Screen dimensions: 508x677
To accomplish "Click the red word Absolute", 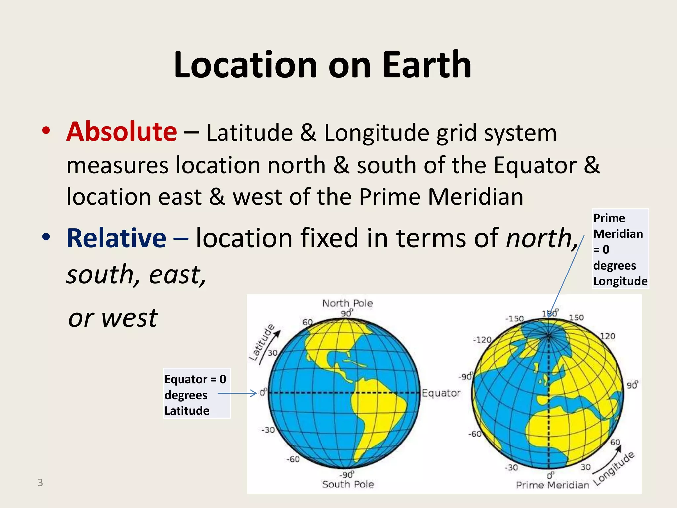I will tap(122, 132).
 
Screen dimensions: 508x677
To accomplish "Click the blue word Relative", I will tap(116, 238).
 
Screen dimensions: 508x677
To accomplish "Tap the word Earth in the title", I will tap(426, 65).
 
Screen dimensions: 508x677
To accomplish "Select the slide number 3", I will tap(40, 482).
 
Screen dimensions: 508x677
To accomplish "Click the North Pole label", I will tap(347, 303).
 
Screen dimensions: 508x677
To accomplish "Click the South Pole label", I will tap(348, 484).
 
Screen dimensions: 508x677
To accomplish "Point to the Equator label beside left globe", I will tap(441, 393).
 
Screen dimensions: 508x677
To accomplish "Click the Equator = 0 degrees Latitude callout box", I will tap(196, 393).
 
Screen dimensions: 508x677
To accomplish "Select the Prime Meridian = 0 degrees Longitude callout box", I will tap(620, 249).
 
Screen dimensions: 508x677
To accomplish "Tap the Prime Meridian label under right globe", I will tap(552, 485).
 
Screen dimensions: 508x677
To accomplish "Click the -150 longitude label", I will tap(514, 318).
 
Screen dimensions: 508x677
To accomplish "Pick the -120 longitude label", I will tap(482, 340).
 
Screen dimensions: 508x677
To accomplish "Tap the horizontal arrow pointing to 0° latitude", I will tap(237, 393).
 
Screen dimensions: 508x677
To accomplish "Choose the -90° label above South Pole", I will tap(347, 475).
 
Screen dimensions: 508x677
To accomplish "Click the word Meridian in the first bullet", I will tap(475, 197).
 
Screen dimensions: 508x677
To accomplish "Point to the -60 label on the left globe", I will tap(293, 459).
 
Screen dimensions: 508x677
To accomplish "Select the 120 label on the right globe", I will tap(608, 336).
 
